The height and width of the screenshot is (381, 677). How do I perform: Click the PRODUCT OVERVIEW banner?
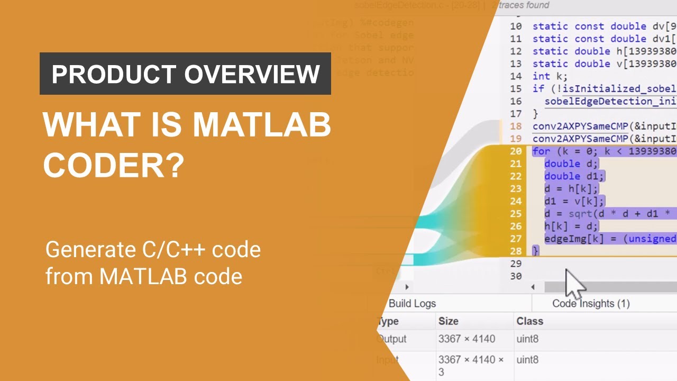[x=185, y=74]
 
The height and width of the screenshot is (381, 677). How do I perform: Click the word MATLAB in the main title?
[x=262, y=125]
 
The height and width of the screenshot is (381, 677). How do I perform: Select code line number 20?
[x=516, y=151]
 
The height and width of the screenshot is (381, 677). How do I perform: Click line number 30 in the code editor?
[x=516, y=276]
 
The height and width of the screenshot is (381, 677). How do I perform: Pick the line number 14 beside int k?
[x=516, y=76]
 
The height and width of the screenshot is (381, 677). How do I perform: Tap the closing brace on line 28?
[x=535, y=251]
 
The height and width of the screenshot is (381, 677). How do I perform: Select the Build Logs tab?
[x=412, y=303]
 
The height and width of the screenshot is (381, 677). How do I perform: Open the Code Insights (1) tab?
[x=591, y=303]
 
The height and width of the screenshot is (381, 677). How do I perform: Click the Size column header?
[x=448, y=321]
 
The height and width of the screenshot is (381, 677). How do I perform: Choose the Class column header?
[x=529, y=321]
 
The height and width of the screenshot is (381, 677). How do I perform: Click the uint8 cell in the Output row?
[x=527, y=339]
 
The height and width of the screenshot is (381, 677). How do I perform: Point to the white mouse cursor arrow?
[x=574, y=284]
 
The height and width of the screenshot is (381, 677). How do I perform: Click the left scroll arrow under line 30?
[x=533, y=287]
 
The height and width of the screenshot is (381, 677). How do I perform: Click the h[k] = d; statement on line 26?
[x=571, y=226]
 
